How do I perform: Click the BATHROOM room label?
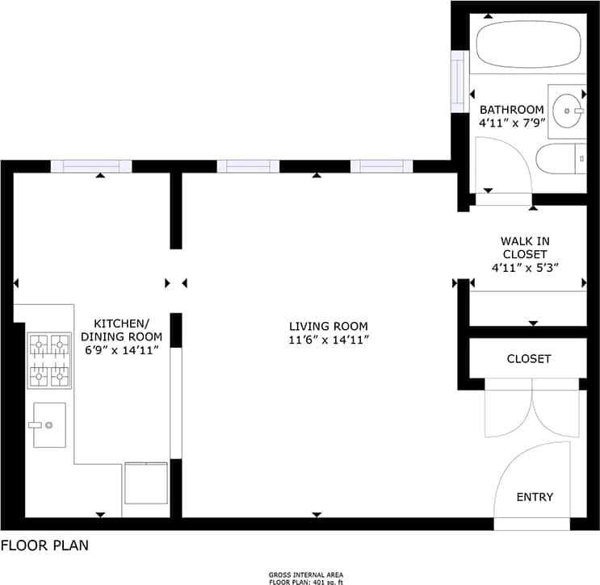coord(512,110)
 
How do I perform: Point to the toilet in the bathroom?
coord(560,159)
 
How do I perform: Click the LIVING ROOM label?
coord(329,326)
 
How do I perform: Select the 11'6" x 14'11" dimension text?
coord(329,340)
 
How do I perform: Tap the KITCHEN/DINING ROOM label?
coord(123,329)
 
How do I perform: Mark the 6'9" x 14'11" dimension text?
coord(123,350)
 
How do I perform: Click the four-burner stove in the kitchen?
coord(48,361)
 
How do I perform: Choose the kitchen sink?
coord(49,424)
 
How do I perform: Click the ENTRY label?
coord(535,497)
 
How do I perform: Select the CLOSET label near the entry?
coord(529,358)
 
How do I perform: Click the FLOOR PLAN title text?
coord(44,545)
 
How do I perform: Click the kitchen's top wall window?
coord(91,166)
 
